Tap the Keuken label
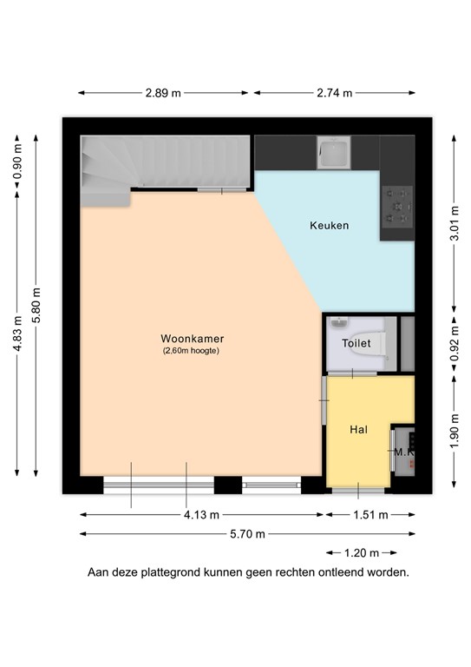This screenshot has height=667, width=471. pos(329,226)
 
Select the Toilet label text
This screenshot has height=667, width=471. pos(356,343)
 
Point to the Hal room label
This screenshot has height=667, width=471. pos(359,429)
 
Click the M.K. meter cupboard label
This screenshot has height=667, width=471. pos(403,452)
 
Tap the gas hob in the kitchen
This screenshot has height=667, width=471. pos(397,207)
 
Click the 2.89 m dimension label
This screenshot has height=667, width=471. pos(162,93)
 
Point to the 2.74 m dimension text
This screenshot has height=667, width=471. pos(334,93)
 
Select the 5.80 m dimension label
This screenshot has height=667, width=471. pos(36,306)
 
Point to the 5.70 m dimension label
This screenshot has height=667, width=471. pos(246,534)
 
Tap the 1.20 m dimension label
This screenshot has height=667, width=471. pos(362,552)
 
